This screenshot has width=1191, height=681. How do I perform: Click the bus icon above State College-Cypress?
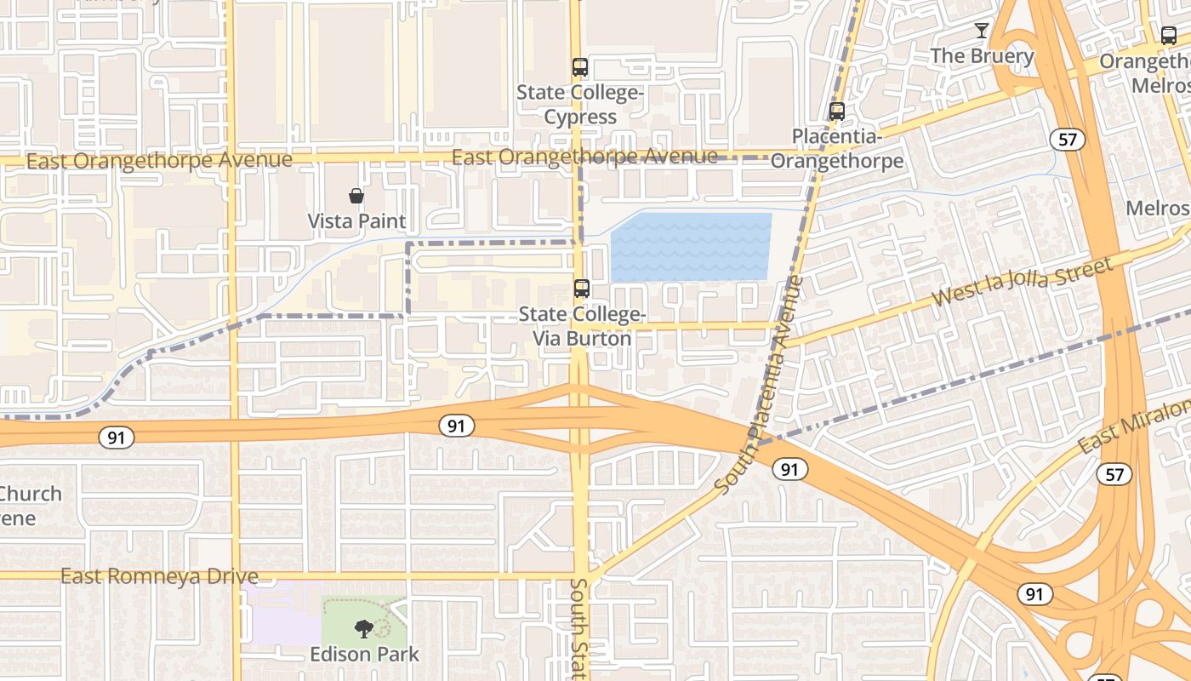(x=580, y=66)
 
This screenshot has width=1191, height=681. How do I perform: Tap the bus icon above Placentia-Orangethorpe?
(x=837, y=112)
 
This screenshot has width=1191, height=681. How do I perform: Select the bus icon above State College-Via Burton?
(x=582, y=289)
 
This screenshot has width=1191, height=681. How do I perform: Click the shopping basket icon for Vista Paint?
(x=356, y=197)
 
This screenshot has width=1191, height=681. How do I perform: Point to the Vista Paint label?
(x=356, y=221)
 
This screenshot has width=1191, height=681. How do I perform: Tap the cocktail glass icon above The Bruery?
(x=982, y=31)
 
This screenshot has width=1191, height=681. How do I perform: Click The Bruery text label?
(x=982, y=56)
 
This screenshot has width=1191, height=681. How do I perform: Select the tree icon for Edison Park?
(x=364, y=629)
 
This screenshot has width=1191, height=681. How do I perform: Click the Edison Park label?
(x=364, y=654)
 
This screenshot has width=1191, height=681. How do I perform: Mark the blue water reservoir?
(x=691, y=247)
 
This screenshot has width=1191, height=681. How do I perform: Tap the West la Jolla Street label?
(x=1023, y=283)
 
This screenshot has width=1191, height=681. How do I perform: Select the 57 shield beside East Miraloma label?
(x=1114, y=474)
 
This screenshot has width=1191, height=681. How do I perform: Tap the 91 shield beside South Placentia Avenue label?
(x=791, y=469)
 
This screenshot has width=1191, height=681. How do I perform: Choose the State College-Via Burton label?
(x=582, y=326)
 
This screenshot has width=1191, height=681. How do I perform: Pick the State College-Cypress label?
(x=580, y=104)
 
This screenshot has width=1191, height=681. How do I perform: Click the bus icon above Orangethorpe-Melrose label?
(x=1169, y=36)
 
